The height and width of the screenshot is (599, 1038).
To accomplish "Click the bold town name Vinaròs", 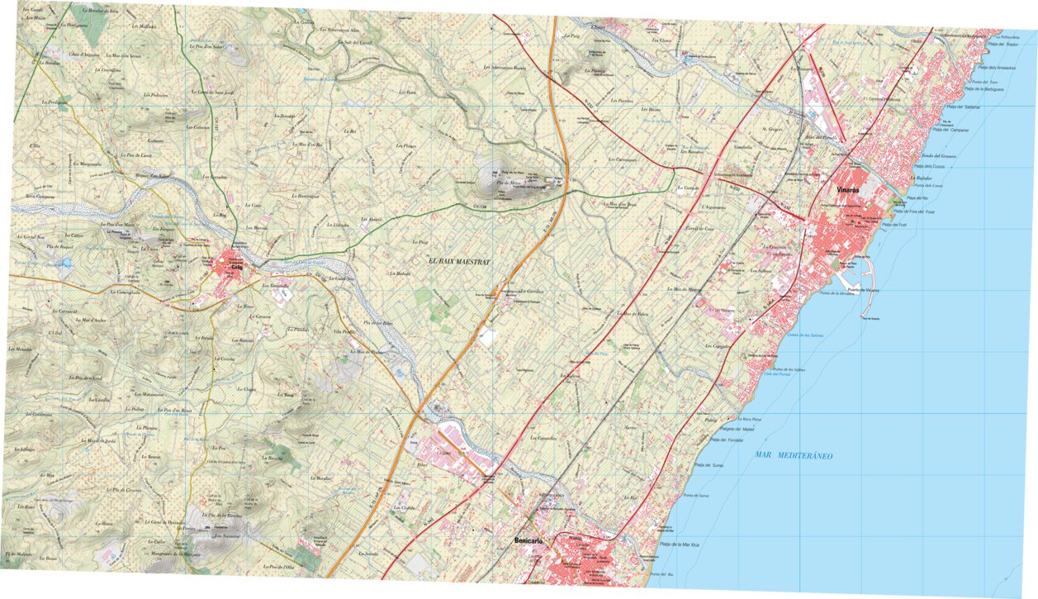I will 849,189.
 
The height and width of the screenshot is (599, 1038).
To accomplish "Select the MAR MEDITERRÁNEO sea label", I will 794,455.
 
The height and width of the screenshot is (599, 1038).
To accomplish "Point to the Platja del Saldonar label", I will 962,107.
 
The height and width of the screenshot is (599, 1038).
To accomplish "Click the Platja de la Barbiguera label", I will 982,89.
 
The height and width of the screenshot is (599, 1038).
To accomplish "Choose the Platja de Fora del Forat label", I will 917,212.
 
